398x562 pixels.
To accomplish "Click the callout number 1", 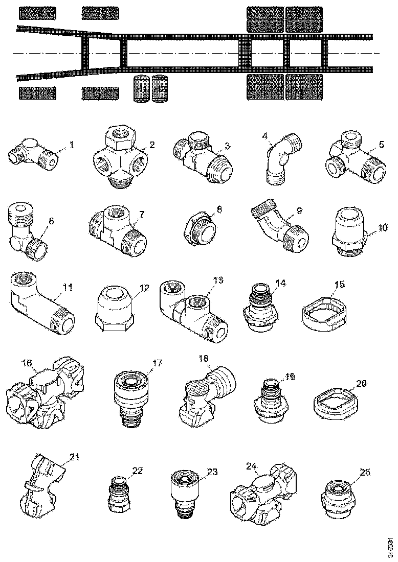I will (72, 145).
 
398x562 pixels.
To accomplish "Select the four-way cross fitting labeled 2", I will (121, 159).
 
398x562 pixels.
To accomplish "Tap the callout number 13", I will (218, 280).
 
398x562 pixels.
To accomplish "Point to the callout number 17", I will (157, 363).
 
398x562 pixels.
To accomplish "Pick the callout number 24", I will (251, 466).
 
